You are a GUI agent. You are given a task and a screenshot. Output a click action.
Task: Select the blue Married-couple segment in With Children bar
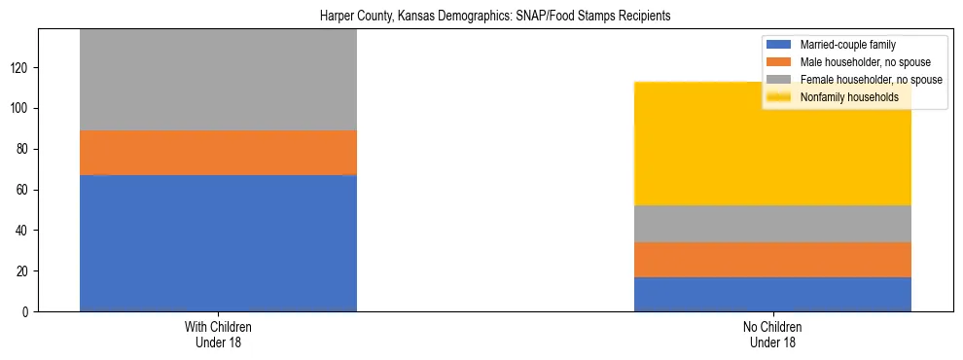pyautogui.click(x=218, y=243)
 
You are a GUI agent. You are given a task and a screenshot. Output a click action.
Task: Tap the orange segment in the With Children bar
pyautogui.click(x=218, y=153)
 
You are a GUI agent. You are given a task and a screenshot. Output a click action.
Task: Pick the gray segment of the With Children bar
pyautogui.click(x=218, y=80)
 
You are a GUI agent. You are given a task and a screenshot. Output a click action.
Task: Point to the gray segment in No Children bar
pyautogui.click(x=772, y=224)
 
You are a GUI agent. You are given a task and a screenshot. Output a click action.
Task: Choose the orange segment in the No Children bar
pyautogui.click(x=772, y=260)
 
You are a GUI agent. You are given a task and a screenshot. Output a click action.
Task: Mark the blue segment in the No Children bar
pyautogui.click(x=772, y=294)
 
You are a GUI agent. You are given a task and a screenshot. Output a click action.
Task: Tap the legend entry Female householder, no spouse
pyautogui.click(x=862, y=80)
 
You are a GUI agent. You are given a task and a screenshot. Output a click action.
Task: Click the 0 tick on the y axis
pyautogui.click(x=27, y=311)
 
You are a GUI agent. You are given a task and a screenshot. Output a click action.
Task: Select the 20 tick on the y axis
pyautogui.click(x=24, y=270)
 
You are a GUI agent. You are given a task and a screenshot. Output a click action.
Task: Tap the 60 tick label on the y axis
pyautogui.click(x=24, y=190)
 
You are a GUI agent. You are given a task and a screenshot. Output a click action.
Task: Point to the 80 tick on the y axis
pyautogui.click(x=24, y=149)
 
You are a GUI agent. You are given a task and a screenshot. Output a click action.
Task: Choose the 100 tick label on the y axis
pyautogui.click(x=21, y=108)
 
